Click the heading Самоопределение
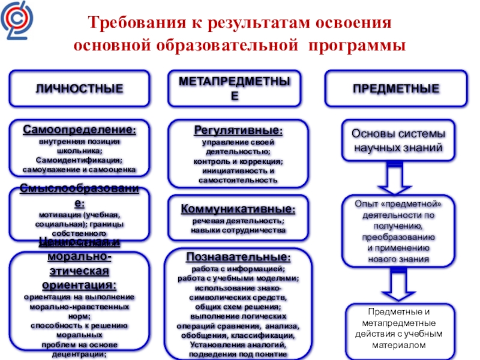[x=79, y=130]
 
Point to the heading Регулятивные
[x=238, y=130]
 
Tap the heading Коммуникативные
[x=238, y=209]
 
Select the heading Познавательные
[x=238, y=257]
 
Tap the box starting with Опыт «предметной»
[x=397, y=231]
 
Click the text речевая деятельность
[x=238, y=221]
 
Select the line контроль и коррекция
[x=238, y=161]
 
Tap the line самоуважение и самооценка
[x=79, y=170]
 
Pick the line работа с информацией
[x=238, y=268]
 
